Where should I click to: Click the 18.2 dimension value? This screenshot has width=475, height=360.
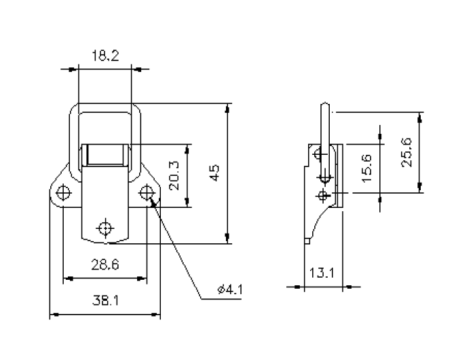[x=105, y=57]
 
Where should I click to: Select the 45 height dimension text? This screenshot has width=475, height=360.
[x=215, y=173]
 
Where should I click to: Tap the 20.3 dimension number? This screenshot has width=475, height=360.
[x=174, y=176]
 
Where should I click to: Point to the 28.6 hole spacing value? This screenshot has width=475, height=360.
[x=105, y=266]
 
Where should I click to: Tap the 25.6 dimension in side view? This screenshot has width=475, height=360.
[x=406, y=153]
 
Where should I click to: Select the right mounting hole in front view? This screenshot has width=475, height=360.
[x=147, y=192]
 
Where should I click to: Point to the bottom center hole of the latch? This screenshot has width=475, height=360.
[x=105, y=227]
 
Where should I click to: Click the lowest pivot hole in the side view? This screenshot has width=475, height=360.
[x=324, y=196]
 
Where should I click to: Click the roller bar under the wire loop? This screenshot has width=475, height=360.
[x=105, y=156]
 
